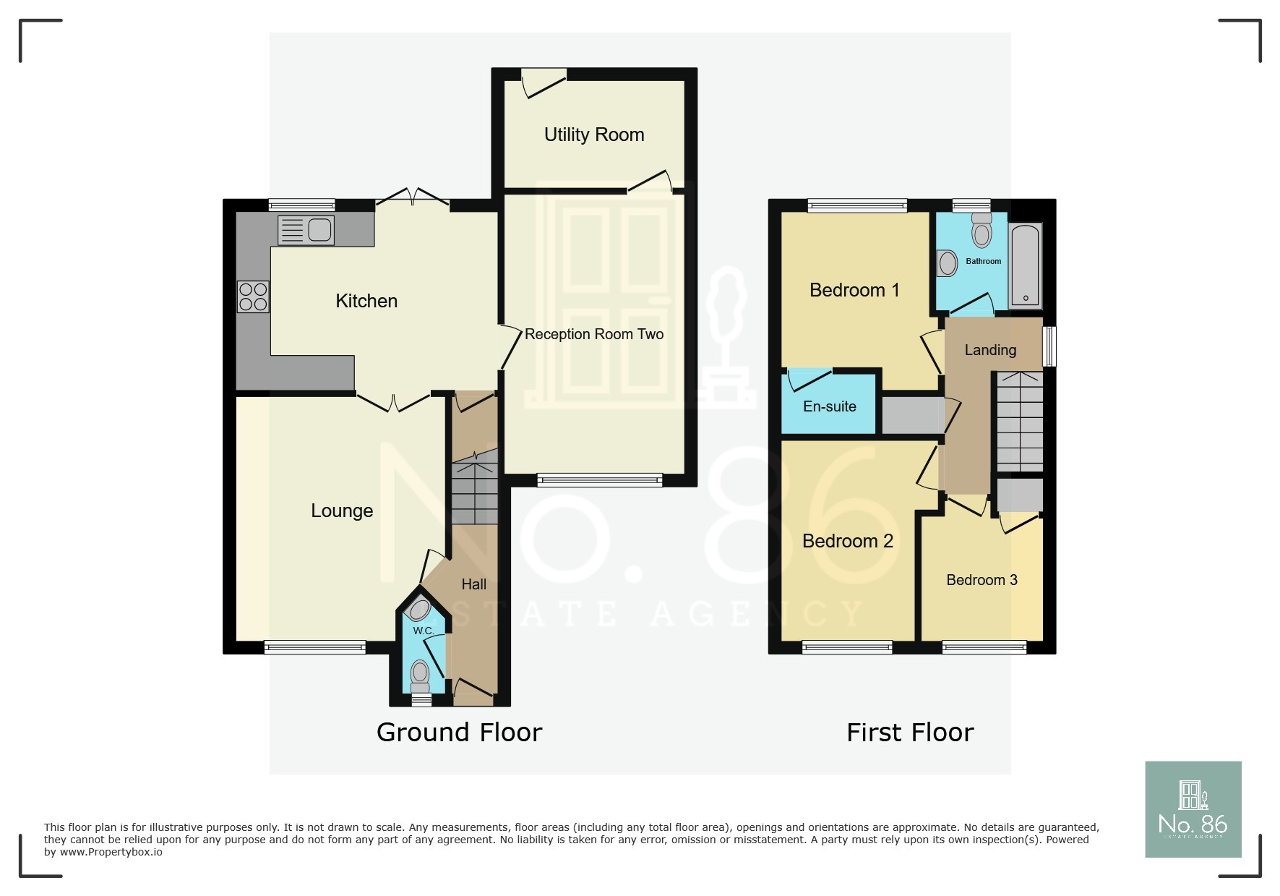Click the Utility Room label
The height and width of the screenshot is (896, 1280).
click(x=593, y=135)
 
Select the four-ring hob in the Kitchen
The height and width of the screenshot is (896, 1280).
click(x=253, y=296)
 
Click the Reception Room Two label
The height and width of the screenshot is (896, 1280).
click(x=593, y=334)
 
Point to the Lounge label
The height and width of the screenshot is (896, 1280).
click(x=341, y=511)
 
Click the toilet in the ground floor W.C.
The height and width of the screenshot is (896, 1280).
click(x=420, y=675)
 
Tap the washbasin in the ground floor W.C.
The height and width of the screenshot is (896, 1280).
click(x=418, y=610)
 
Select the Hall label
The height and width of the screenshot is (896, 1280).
click(x=473, y=584)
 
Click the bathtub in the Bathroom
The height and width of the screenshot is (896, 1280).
click(x=1025, y=265)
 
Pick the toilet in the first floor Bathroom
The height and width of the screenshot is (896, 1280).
click(x=982, y=231)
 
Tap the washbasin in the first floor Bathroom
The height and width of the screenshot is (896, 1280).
click(x=948, y=263)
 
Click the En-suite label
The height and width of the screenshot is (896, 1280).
click(x=829, y=406)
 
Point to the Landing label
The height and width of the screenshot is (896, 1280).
click(x=989, y=350)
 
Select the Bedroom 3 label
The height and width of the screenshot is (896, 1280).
click(x=982, y=580)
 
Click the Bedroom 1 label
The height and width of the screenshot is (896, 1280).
click(x=854, y=290)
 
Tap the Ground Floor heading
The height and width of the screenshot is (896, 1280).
click(x=459, y=733)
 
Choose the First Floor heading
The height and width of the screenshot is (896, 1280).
click(x=909, y=733)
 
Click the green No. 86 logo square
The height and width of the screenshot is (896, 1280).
click(x=1193, y=809)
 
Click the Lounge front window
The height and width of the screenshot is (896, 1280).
click(x=315, y=647)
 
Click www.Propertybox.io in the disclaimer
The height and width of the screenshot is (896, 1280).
click(x=111, y=852)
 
